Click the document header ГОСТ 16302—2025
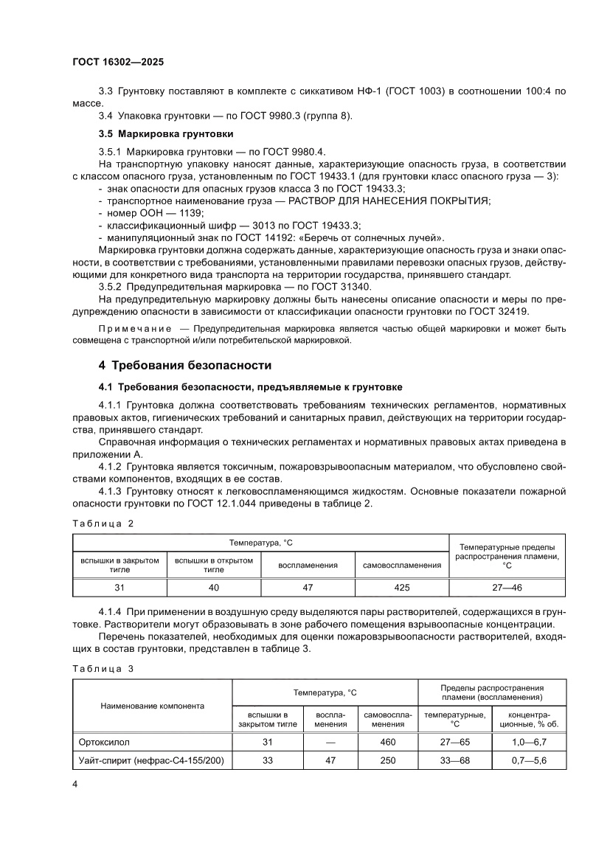[117, 63]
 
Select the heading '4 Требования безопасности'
[185, 365]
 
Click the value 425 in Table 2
[401, 587]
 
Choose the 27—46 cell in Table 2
[507, 587]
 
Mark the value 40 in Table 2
[214, 587]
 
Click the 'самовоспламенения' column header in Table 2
[401, 565]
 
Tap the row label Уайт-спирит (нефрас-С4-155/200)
[151, 760]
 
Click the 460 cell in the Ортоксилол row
[388, 742]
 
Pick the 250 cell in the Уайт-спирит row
[388, 760]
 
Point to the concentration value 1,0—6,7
[529, 742]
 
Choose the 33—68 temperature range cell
[454, 760]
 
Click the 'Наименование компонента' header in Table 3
[152, 706]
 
